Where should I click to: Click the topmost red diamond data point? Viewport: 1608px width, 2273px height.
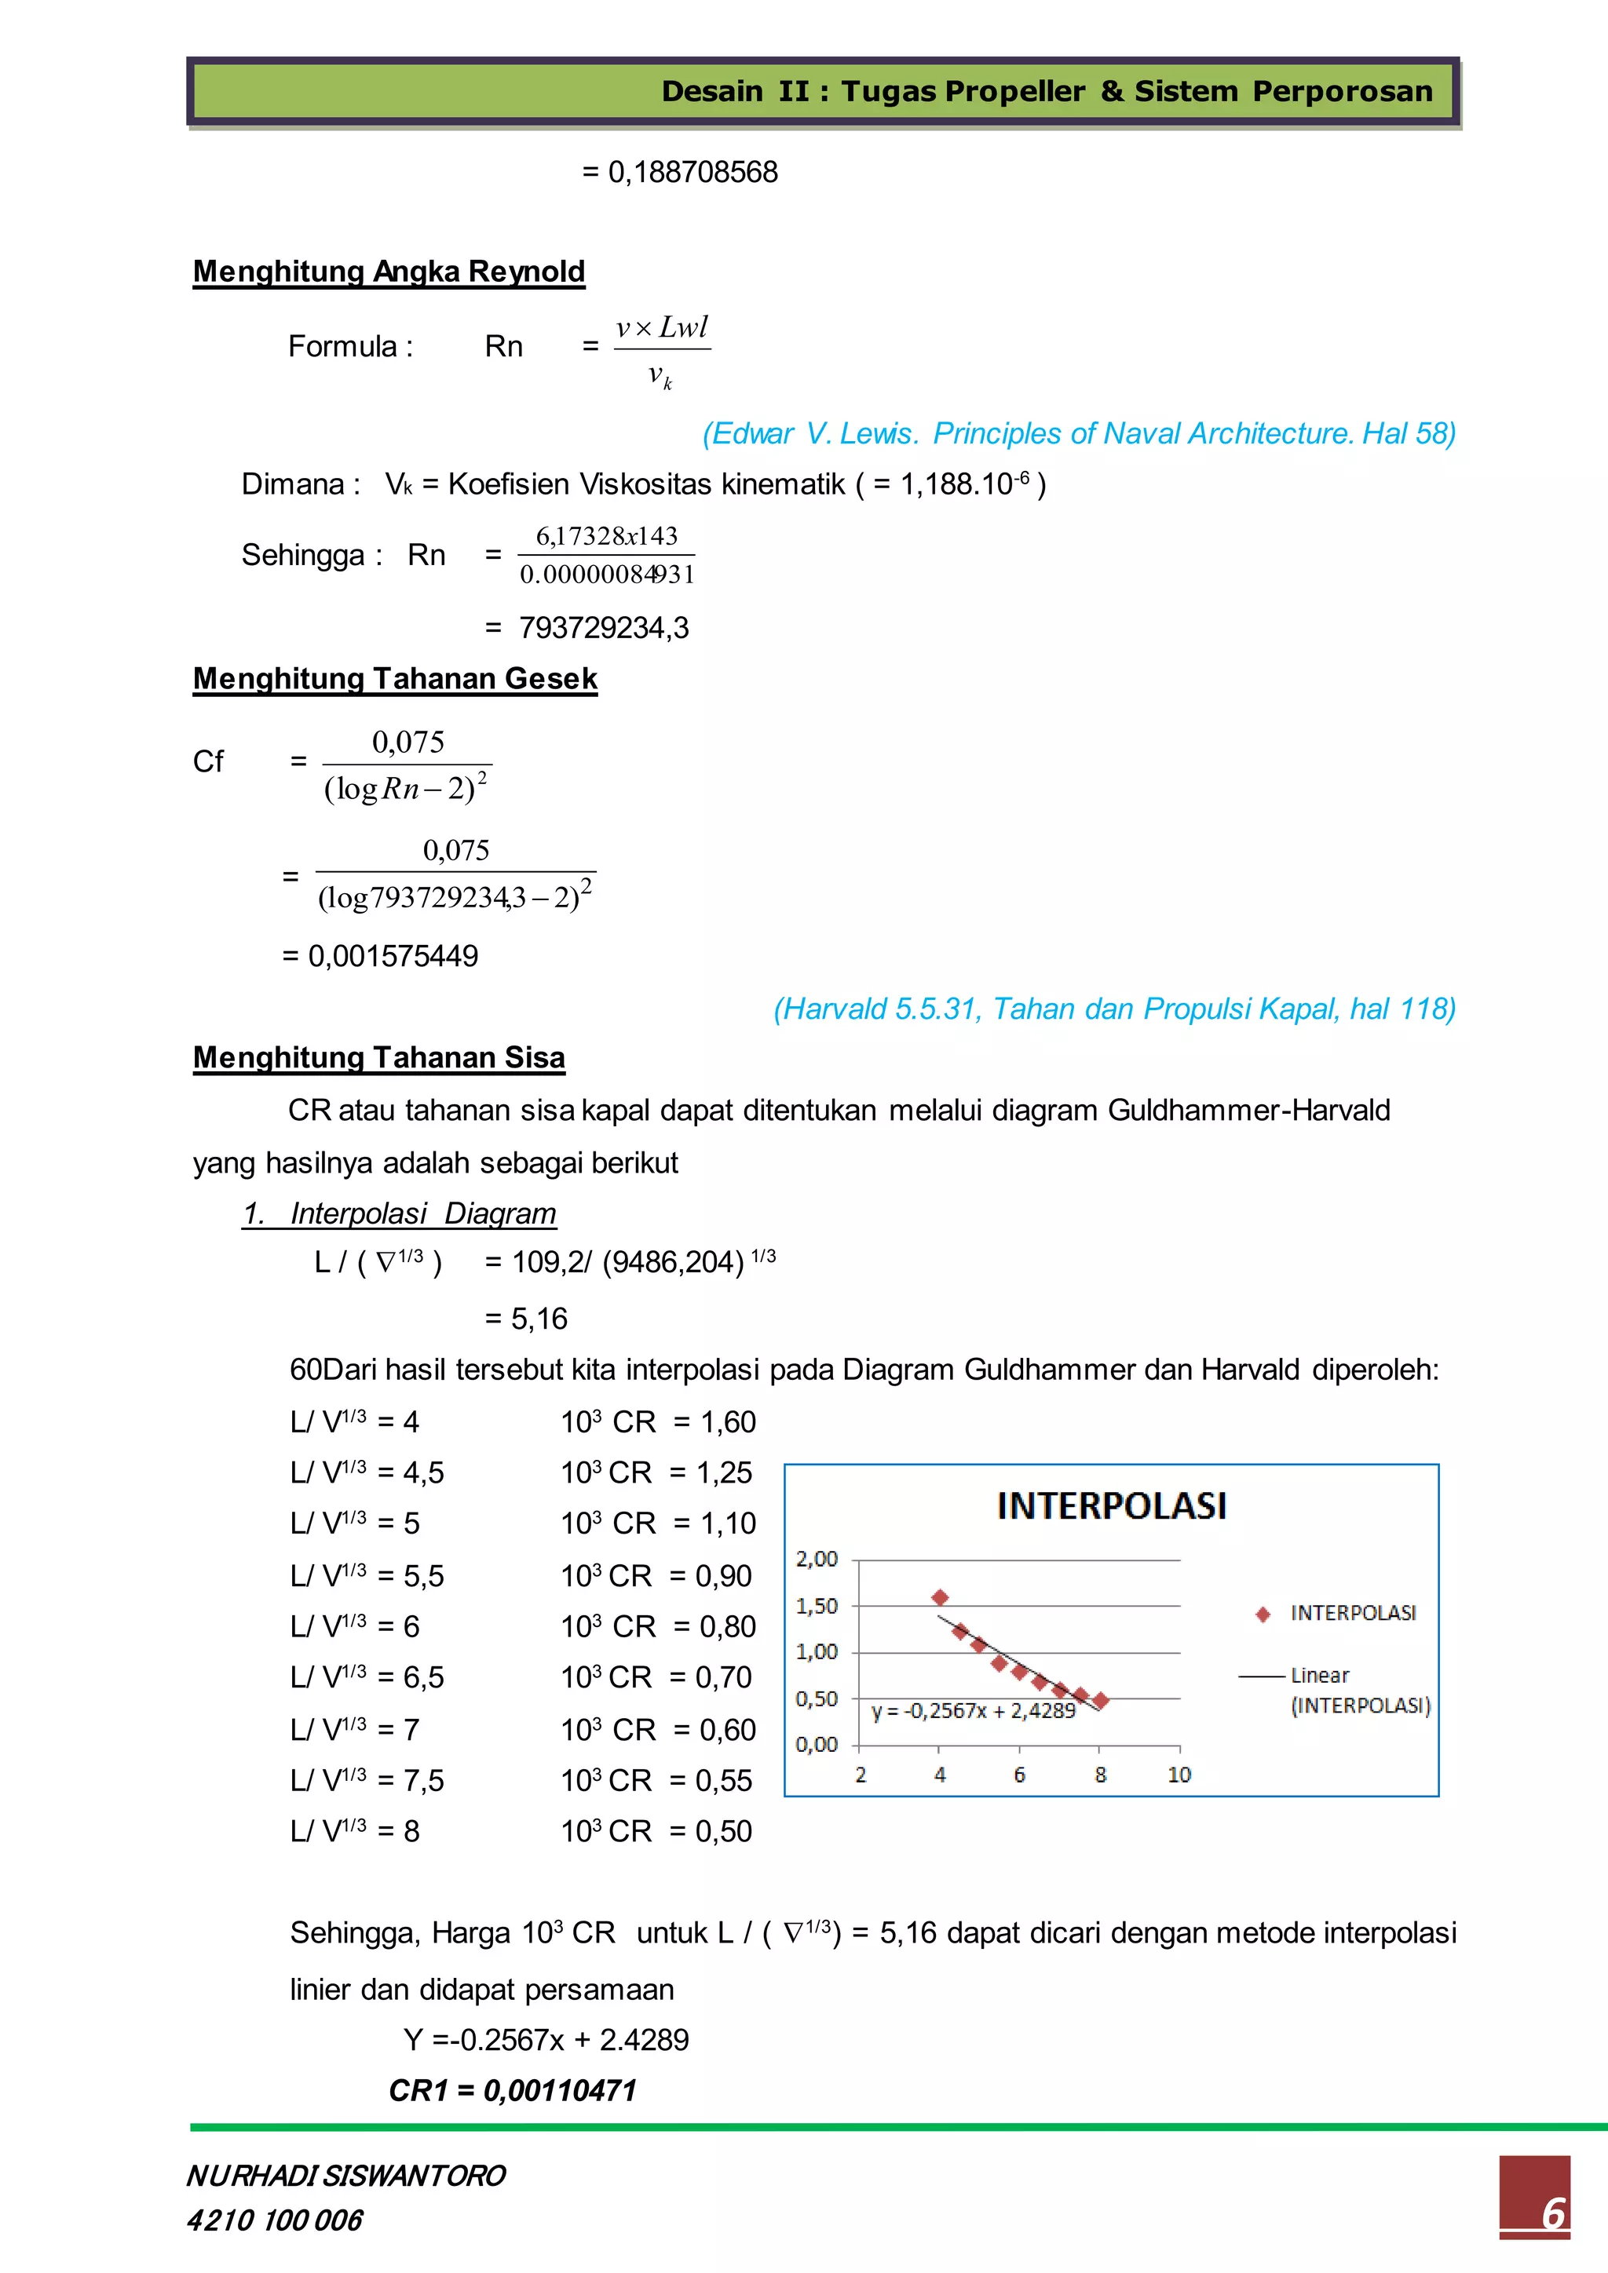(x=940, y=1597)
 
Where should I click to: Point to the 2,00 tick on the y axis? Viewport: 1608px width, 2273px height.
(x=817, y=1560)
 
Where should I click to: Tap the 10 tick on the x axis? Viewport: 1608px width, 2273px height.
(x=1179, y=1775)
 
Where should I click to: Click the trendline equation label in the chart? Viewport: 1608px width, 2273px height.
(x=972, y=1711)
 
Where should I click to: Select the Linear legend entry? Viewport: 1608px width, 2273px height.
(x=1319, y=1676)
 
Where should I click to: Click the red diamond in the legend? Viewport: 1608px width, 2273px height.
(x=1263, y=1614)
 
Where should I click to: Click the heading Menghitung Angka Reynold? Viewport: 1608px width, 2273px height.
(x=389, y=272)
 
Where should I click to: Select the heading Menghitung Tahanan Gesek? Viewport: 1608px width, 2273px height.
(x=395, y=678)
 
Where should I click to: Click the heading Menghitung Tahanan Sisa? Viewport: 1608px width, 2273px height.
(x=379, y=1057)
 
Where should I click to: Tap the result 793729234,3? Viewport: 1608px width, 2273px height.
(x=603, y=628)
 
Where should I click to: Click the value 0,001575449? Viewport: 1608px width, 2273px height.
(x=393, y=955)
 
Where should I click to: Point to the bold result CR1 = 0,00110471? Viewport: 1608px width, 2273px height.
(x=512, y=2090)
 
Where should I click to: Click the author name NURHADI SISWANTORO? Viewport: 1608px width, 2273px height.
(x=345, y=2175)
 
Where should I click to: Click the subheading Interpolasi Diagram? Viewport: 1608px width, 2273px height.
(x=399, y=1213)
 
